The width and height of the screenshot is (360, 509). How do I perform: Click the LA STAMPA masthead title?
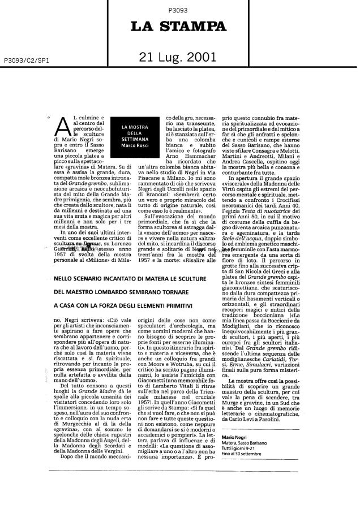(x=179, y=27)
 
